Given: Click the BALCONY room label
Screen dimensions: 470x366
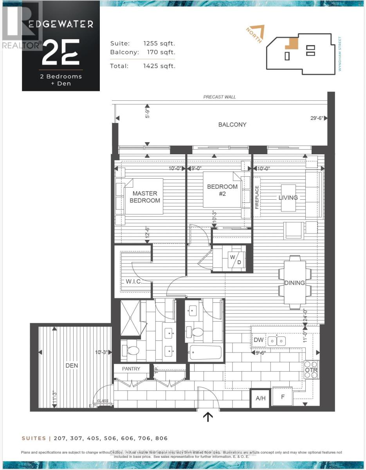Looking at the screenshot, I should pyautogui.click(x=233, y=125).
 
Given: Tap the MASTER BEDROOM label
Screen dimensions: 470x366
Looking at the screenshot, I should pyautogui.click(x=145, y=197).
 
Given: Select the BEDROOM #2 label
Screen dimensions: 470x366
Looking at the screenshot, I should pyautogui.click(x=222, y=190).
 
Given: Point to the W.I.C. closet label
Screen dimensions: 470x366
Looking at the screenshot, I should pyautogui.click(x=133, y=282).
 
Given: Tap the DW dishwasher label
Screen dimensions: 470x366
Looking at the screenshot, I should pyautogui.click(x=259, y=340).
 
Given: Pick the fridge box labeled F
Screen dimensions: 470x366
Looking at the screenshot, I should pyautogui.click(x=282, y=397).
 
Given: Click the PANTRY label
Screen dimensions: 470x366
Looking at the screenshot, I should pyautogui.click(x=131, y=369).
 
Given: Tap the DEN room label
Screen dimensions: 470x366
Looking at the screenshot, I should pyautogui.click(x=72, y=365).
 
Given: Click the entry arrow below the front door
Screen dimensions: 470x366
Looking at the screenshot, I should pyautogui.click(x=207, y=418).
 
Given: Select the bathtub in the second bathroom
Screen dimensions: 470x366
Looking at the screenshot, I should pyautogui.click(x=206, y=354).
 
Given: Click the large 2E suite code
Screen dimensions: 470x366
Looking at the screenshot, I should pyautogui.click(x=61, y=52).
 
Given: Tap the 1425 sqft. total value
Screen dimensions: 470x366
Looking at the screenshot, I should pyautogui.click(x=159, y=66).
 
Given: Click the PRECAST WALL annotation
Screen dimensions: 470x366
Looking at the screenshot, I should pyautogui.click(x=219, y=97).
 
